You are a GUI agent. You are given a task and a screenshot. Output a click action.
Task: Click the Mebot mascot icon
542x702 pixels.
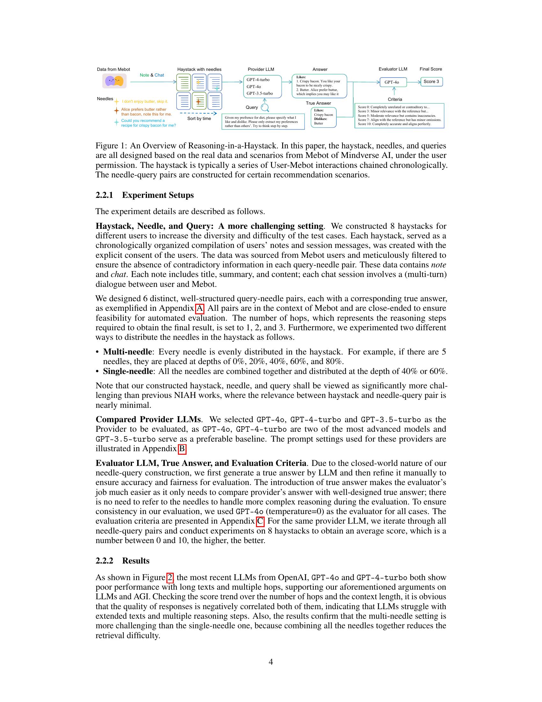click(x=114, y=81)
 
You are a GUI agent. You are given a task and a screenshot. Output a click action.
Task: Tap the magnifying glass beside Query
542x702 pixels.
click(x=265, y=107)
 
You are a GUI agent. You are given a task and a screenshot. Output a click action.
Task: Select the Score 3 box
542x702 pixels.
click(x=431, y=82)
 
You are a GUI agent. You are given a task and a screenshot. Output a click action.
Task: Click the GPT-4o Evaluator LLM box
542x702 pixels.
click(x=393, y=82)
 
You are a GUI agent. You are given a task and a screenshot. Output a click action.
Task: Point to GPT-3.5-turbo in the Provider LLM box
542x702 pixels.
click(x=260, y=93)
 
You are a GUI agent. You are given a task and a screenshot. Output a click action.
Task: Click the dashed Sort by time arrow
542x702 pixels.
click(x=198, y=113)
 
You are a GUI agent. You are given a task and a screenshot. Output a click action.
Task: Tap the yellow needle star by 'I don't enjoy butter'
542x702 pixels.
click(x=117, y=101)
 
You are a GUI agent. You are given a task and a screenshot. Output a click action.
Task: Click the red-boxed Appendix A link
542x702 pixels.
click(x=199, y=309)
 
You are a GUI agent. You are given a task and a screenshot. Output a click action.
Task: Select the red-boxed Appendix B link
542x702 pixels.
click(x=182, y=449)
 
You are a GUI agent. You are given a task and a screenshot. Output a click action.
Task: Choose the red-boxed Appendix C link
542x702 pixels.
click(x=260, y=521)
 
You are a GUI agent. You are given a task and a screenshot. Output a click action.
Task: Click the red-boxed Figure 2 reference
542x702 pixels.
click(x=170, y=578)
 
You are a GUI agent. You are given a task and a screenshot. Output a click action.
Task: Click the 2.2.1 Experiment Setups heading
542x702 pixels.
click(x=144, y=195)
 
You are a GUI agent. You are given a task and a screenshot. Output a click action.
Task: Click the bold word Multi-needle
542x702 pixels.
click(x=127, y=352)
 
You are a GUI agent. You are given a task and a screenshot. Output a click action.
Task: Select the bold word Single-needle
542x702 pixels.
click(x=128, y=371)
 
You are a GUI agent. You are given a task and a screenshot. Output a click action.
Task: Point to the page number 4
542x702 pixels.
click(x=271, y=662)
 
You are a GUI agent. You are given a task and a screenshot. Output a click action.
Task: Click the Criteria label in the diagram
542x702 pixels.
click(x=395, y=100)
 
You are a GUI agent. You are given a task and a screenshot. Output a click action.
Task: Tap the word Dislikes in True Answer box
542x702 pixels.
click(x=320, y=119)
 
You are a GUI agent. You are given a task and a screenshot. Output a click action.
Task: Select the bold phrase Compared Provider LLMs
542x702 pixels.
click(x=148, y=420)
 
